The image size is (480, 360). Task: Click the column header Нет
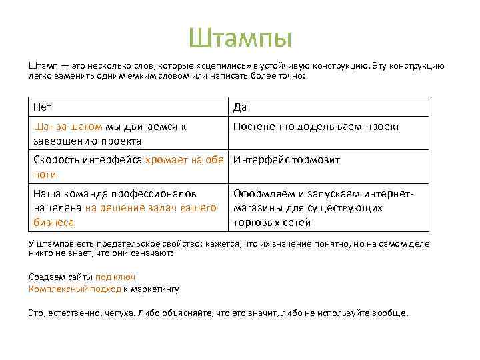coord(43,107)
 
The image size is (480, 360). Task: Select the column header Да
coord(239,107)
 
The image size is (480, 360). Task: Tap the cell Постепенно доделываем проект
coord(316,127)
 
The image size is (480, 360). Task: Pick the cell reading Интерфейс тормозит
coord(287,160)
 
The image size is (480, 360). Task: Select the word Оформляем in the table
coord(263,193)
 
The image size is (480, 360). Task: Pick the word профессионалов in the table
coord(155,193)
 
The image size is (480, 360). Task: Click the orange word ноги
coord(44,175)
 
